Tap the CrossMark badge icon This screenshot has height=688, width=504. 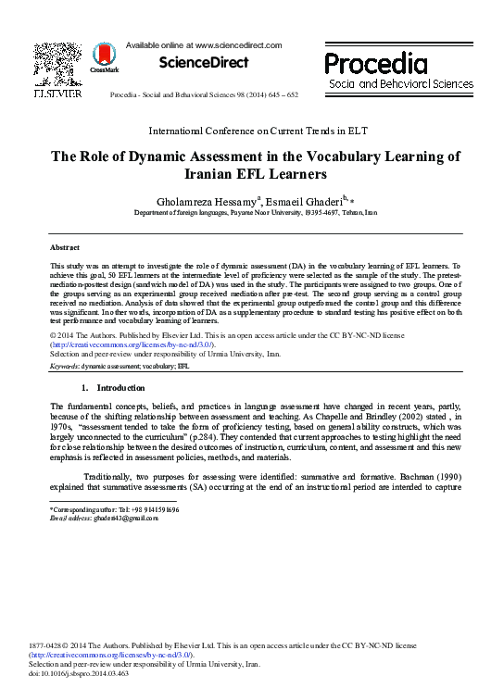(x=104, y=57)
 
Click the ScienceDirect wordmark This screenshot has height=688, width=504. (x=204, y=62)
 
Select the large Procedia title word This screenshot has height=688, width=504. (x=375, y=64)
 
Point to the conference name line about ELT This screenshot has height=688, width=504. (x=251, y=131)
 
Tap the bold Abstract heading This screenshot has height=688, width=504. (x=65, y=249)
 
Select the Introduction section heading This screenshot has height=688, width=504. (x=120, y=387)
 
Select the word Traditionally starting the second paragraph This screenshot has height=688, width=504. (x=110, y=475)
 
